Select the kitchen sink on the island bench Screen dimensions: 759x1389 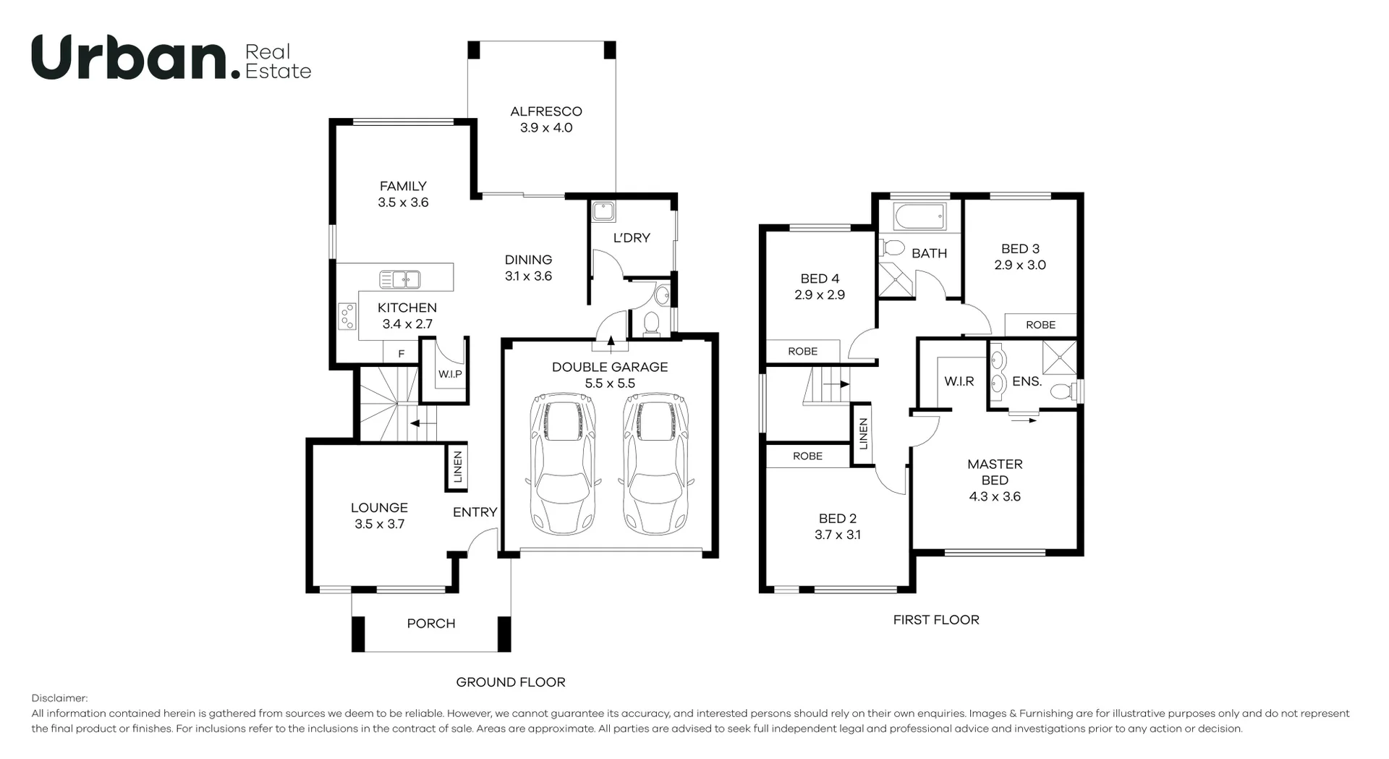point(399,279)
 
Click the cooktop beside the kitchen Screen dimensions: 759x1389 point(347,316)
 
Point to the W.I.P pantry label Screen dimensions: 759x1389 point(449,374)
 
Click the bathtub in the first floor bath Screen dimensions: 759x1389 point(919,216)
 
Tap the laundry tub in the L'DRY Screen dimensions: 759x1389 point(603,212)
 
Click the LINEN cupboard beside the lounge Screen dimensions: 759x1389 point(457,467)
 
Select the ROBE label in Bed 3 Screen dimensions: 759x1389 point(1040,325)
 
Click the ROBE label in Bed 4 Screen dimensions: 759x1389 point(802,351)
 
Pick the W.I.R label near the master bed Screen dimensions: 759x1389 point(959,381)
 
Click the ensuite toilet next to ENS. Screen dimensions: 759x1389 point(1062,391)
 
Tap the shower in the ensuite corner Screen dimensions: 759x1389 point(1059,357)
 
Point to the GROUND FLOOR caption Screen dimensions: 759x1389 point(510,682)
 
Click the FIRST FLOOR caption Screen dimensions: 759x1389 point(935,619)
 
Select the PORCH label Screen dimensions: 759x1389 point(430,623)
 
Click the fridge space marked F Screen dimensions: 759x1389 point(401,354)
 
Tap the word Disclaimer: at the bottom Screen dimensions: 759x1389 point(59,698)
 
